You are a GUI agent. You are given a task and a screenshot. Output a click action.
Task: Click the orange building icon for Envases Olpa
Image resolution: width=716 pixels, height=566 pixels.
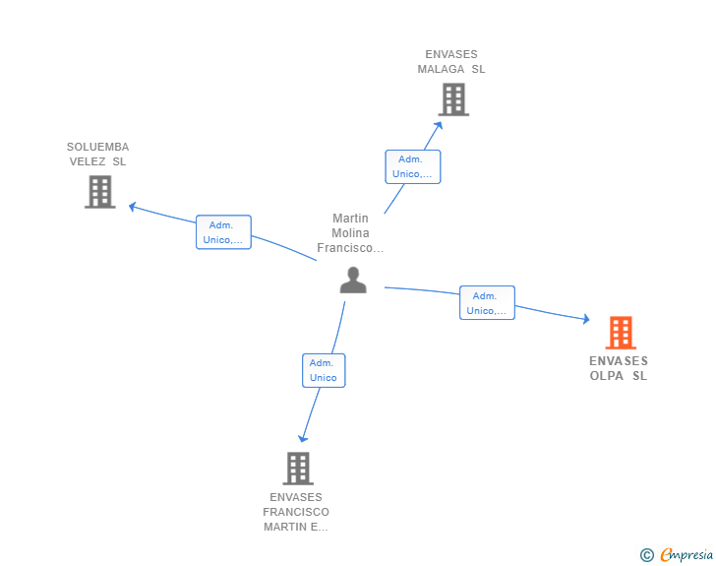[621, 333]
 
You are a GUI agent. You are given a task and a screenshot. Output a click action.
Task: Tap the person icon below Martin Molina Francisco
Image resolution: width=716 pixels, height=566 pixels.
[352, 280]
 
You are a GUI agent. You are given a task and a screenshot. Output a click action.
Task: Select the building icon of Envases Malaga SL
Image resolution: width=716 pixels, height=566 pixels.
[452, 99]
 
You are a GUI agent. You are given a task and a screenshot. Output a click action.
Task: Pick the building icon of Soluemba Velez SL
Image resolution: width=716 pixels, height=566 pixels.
[100, 192]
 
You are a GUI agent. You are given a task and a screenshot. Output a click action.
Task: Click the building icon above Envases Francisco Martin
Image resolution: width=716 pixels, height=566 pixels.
[297, 469]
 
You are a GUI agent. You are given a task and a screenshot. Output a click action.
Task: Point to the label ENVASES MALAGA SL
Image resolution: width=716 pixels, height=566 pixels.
[451, 62]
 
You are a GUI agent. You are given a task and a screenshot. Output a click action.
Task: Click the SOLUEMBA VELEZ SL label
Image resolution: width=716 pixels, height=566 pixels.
[98, 155]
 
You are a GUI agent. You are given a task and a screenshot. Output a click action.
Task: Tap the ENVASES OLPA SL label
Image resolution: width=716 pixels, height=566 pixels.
[619, 368]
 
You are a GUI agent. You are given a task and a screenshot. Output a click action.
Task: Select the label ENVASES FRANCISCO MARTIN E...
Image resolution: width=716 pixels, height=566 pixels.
[296, 512]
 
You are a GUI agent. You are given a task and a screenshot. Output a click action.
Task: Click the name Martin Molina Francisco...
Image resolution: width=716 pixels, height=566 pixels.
[350, 233]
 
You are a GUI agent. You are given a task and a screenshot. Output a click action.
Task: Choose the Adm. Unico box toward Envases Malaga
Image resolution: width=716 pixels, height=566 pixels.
[413, 166]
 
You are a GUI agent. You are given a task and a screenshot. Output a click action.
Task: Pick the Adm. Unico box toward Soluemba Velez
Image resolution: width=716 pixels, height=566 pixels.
[223, 232]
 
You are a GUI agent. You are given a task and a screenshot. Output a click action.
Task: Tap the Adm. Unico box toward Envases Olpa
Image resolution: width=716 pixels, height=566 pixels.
[487, 303]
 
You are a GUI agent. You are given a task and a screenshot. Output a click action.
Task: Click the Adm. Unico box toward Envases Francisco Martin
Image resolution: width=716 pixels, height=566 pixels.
[323, 370]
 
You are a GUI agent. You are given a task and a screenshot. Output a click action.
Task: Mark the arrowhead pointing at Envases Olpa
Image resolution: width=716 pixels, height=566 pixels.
[585, 319]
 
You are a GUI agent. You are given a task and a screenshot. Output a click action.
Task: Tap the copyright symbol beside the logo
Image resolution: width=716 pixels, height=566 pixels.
[647, 555]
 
